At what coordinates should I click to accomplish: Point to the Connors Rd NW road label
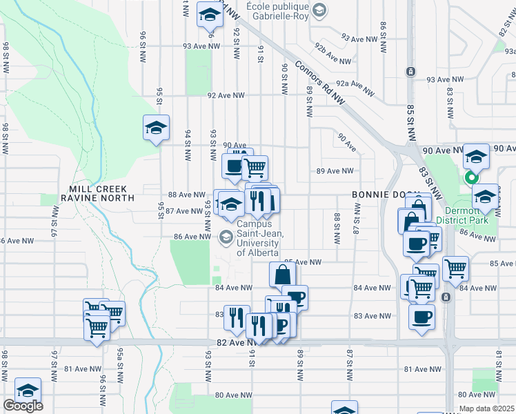click(x=319, y=82)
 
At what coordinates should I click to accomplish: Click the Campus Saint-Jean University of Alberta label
click(x=258, y=238)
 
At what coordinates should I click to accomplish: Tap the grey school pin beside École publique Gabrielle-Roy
click(x=319, y=10)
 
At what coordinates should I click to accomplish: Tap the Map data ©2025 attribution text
click(x=486, y=408)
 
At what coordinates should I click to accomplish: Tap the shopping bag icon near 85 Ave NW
click(x=282, y=274)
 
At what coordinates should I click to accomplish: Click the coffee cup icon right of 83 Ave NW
click(x=421, y=316)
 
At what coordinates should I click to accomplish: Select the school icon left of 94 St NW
click(x=157, y=127)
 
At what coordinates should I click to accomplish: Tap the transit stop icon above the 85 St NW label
click(x=410, y=72)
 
